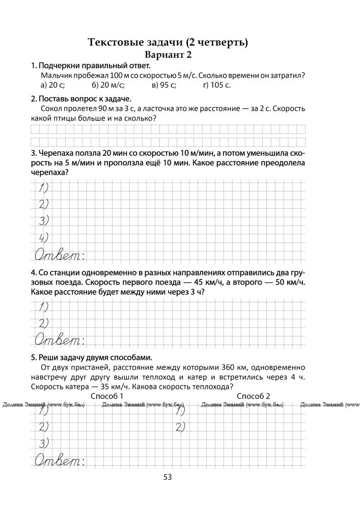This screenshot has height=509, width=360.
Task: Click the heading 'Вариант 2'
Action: pos(168,54)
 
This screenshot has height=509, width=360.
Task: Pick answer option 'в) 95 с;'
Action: pos(164,85)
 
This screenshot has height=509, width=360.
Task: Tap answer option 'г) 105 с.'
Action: pos(216,85)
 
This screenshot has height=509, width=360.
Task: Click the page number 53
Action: pos(168,477)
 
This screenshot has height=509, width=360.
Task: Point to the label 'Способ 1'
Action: pos(107,395)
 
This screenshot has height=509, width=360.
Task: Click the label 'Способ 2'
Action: pos(254,395)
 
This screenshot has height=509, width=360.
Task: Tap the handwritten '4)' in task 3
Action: pos(44,237)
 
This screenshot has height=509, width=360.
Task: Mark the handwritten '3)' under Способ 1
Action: pos(44,442)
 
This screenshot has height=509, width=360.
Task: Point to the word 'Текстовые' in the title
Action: pos(116,42)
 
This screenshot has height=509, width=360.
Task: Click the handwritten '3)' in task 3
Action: pos(44,220)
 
